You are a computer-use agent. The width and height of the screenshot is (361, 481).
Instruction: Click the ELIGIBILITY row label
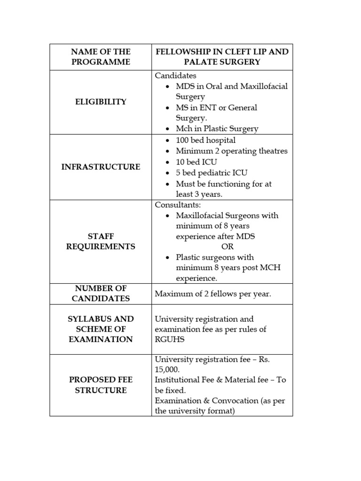tap(101, 102)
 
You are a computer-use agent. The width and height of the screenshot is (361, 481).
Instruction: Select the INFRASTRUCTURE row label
tap(101, 167)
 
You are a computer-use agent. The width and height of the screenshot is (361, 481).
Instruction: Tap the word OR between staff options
tap(227, 247)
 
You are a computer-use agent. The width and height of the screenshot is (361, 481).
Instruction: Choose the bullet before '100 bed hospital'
tap(168, 140)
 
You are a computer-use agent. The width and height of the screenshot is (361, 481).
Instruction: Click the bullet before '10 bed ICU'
tap(168, 162)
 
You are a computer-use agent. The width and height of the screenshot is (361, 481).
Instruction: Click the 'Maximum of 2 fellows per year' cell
tap(213, 294)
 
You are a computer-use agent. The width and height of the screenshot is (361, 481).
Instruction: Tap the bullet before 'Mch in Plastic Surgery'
tap(168, 129)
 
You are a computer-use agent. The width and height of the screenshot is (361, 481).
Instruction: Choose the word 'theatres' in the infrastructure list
tap(271, 151)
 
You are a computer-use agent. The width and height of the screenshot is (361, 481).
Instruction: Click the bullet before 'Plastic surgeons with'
tap(168, 257)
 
